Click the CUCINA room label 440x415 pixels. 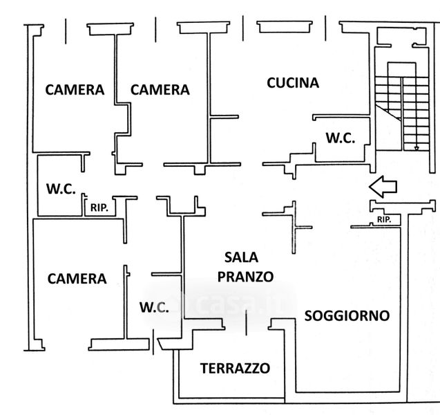pos(293,83)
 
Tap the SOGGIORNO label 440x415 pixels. pos(347,316)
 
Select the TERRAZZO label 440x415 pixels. pos(235,368)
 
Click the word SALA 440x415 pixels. pos(241,257)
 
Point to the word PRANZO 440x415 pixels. pos(245,277)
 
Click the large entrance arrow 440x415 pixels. pos(383,187)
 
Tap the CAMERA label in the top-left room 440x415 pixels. pos(75,90)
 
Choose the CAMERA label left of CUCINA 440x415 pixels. pos(160,90)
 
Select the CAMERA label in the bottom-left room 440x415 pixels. pos(77,279)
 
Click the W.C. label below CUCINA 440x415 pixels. pos(341,138)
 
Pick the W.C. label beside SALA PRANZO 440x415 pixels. pos(154,307)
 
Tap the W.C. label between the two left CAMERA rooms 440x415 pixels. pos(61,189)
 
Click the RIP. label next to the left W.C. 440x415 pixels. pos(99,208)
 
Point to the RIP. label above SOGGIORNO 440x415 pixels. pos(384,220)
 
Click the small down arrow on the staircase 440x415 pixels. pos(417,148)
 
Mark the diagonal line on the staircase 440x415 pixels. pos(388,112)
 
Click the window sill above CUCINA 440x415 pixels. pos(285,27)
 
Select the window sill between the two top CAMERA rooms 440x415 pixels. pos(110,29)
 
